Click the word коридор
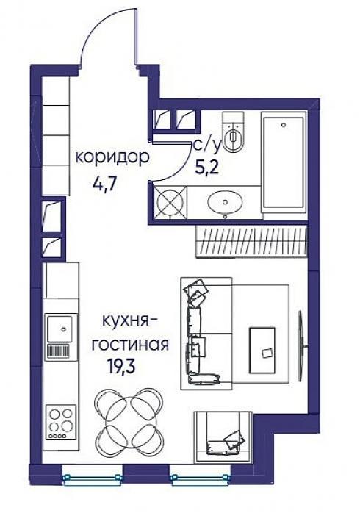pos(112,158)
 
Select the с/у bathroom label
pos(207,147)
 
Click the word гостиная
pos(130,345)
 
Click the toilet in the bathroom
pos(233,132)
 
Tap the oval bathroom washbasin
pos(225,202)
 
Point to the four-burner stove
pos(61,422)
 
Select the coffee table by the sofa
pos(262,350)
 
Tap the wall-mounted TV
pos(301,346)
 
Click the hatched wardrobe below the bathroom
pos(252,241)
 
